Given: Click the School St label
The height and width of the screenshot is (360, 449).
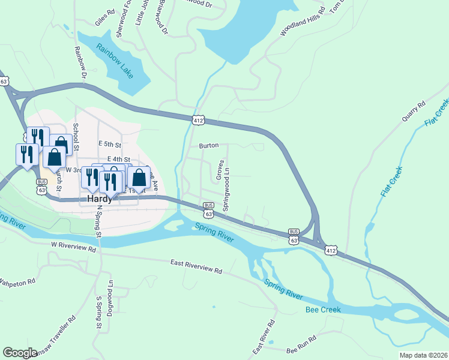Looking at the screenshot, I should click(76, 133).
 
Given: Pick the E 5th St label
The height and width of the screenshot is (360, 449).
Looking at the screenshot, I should click(110, 145).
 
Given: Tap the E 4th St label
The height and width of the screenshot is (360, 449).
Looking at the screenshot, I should click(118, 158).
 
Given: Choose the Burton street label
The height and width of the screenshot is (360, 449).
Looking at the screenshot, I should click(208, 145).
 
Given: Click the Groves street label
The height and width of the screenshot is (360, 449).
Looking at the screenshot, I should click(220, 169).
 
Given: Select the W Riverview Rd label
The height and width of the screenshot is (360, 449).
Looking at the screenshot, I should click(73, 246).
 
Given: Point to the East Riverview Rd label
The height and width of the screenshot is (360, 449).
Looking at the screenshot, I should click(196, 267).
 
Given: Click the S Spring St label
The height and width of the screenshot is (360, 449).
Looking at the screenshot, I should click(98, 311).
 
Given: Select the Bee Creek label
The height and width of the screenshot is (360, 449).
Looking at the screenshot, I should click(323, 310).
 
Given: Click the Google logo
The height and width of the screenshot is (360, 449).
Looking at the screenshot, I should click(20, 353).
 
